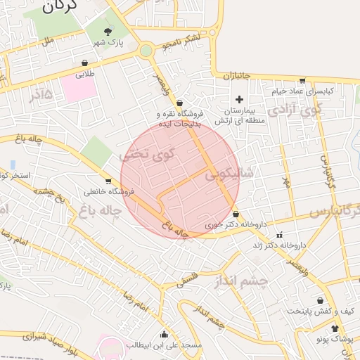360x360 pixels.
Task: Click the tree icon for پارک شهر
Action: point(108,32)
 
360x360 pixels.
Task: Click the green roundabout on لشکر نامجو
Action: point(146,51)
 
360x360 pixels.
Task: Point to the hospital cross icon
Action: point(239,99)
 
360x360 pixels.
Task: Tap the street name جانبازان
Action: point(238,76)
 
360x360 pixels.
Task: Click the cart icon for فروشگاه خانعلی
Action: point(108,181)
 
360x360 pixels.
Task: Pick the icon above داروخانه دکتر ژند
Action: point(280,235)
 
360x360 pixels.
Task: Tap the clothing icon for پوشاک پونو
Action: point(335,328)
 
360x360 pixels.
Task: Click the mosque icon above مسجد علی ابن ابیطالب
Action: point(164,334)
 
